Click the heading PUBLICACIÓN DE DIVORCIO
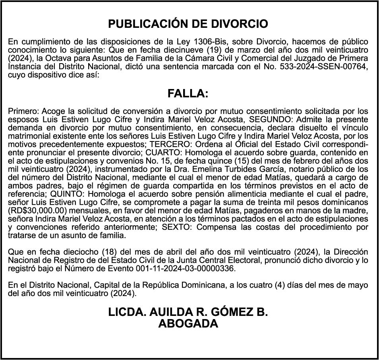point(188,24)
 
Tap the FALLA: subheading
point(188,94)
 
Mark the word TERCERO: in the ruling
point(175,145)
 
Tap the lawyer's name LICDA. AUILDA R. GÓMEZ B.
point(188,312)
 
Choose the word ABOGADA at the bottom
point(188,324)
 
